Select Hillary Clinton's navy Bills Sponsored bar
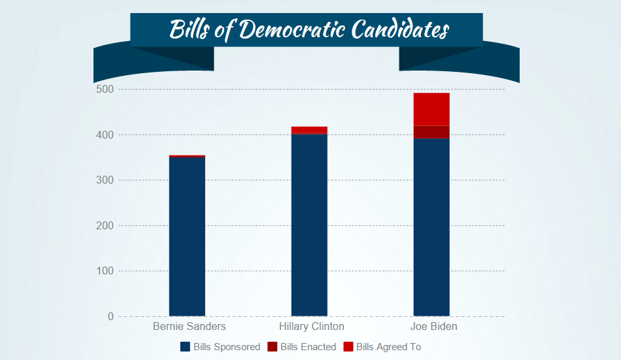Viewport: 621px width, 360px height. (309, 225)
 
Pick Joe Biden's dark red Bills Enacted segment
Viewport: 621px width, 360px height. (431, 132)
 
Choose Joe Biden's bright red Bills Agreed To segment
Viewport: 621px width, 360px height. (431, 109)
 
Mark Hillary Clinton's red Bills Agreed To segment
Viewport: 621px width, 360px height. (309, 129)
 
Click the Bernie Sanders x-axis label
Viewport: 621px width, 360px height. (190, 326)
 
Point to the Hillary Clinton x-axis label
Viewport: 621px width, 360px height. (311, 326)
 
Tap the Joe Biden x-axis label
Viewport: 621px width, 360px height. (433, 326)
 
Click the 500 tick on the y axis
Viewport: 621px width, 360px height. (105, 90)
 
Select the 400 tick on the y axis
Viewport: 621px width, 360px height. (105, 135)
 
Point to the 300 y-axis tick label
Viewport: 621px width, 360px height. (105, 180)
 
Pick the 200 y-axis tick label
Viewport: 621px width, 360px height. (105, 225)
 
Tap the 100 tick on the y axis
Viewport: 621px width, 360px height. (105, 271)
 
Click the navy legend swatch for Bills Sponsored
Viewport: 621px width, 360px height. (185, 347)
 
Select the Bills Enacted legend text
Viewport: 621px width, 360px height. (308, 347)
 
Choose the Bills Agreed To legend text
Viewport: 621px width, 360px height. (388, 347)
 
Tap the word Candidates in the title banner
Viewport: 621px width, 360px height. (399, 30)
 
